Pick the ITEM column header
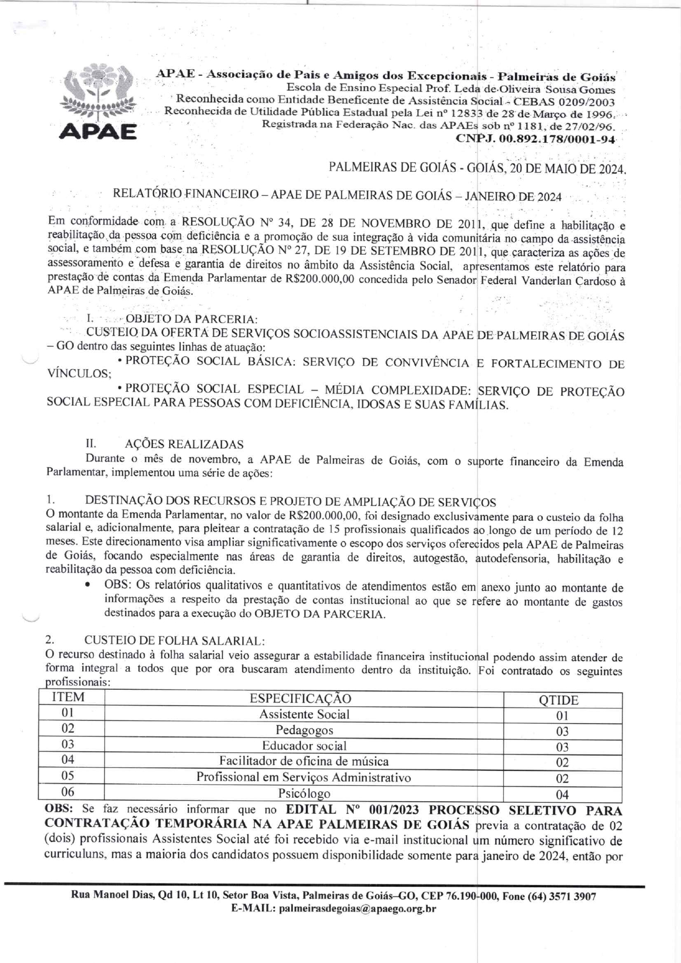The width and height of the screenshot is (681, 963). click(68, 697)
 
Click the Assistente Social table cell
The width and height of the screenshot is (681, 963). click(304, 714)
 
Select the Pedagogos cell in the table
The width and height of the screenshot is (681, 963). click(304, 730)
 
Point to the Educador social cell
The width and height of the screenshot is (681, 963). click(304, 746)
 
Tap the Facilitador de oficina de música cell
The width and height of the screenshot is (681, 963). click(304, 762)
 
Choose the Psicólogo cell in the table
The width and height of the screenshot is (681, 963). click(304, 793)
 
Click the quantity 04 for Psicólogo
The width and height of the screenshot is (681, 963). click(562, 795)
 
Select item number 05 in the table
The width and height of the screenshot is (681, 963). click(68, 776)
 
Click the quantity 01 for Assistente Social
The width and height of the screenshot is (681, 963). click(562, 716)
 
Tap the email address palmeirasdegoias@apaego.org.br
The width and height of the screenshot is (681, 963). click(358, 909)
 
